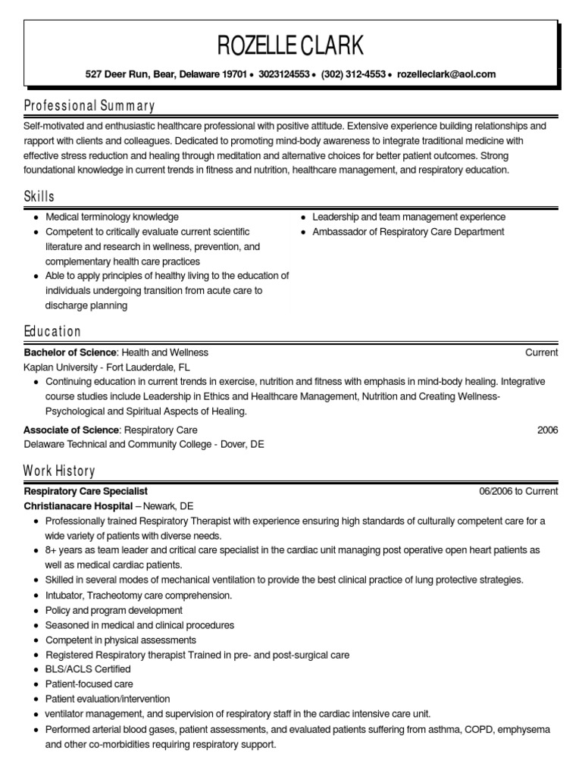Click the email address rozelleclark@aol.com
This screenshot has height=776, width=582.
(x=446, y=74)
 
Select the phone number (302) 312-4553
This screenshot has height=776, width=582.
(x=353, y=74)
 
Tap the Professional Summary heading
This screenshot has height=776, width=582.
(x=89, y=105)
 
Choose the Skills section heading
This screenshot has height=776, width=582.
(x=39, y=196)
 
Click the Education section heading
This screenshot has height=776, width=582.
(x=52, y=331)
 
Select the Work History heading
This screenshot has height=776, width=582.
(x=59, y=471)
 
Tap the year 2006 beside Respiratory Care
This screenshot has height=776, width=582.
(x=547, y=430)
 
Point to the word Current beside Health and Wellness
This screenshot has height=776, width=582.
(x=541, y=352)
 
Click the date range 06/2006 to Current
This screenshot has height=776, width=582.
(x=518, y=491)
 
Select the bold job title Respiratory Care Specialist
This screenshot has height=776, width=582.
(x=86, y=491)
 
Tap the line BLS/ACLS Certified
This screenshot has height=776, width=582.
(x=88, y=669)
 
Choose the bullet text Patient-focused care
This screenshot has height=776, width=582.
(x=89, y=684)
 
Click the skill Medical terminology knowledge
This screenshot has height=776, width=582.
(x=112, y=217)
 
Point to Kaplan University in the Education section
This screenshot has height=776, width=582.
(x=60, y=367)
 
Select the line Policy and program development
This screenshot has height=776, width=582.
(x=114, y=610)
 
